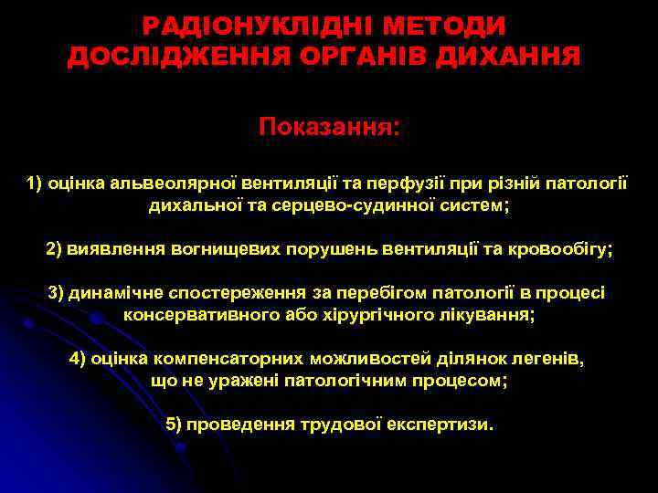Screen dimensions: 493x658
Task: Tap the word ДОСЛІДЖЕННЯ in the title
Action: click(x=175, y=58)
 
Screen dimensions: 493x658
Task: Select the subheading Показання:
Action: click(x=329, y=125)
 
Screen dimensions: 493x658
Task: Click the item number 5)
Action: click(x=175, y=425)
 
